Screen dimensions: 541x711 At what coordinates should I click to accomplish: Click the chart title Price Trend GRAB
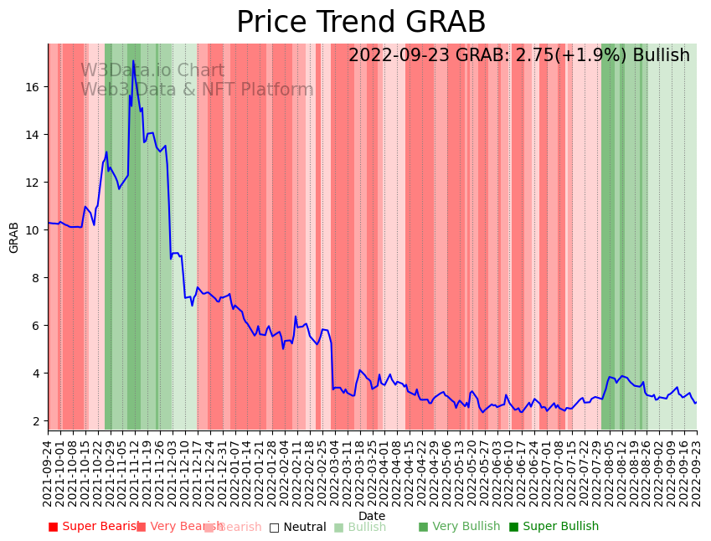(361, 23)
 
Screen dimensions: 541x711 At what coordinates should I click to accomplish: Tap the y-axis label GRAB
(14, 237)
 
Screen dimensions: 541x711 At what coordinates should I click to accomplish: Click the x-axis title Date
(372, 516)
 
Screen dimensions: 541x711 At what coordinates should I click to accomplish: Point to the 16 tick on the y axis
(33, 87)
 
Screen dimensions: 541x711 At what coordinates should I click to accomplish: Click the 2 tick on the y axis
(37, 421)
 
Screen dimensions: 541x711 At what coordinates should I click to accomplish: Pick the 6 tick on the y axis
(37, 326)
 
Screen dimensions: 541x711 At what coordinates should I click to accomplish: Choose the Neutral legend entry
(297, 527)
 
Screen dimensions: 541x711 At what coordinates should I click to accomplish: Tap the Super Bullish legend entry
(554, 527)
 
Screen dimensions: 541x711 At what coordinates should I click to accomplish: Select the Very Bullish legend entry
(460, 527)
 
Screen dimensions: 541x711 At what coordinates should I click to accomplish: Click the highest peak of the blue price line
(133, 61)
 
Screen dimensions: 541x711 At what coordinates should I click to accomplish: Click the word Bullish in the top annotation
(661, 56)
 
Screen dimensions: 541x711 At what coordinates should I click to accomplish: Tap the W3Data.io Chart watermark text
(152, 71)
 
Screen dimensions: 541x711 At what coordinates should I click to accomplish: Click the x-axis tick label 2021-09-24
(48, 470)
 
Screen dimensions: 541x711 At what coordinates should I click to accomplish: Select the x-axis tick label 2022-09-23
(696, 470)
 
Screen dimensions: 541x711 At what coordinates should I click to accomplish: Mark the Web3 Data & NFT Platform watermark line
(197, 90)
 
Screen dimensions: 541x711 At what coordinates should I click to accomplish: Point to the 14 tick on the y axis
(33, 135)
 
